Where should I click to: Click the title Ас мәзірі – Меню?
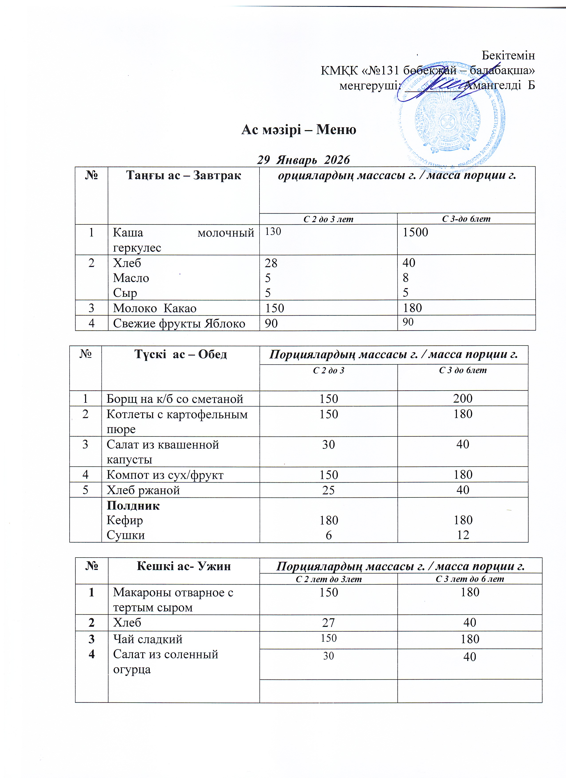click(299, 130)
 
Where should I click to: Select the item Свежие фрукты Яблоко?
click(179, 324)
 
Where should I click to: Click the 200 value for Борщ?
click(463, 399)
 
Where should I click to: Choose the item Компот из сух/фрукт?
click(165, 475)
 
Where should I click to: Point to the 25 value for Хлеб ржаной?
click(328, 490)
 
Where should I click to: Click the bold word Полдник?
click(133, 506)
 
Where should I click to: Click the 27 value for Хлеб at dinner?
click(328, 623)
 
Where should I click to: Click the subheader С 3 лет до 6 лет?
click(470, 579)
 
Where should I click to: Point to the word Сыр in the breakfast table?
click(125, 293)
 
